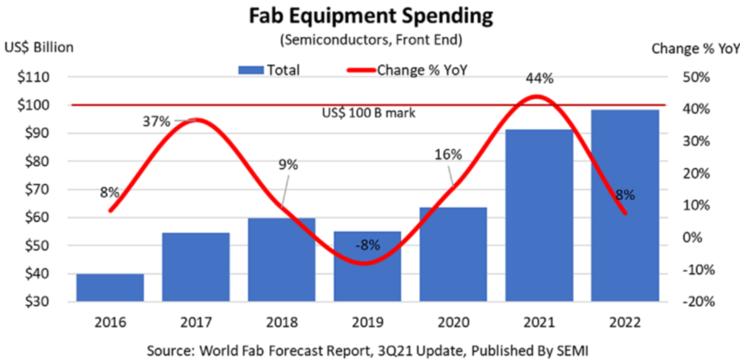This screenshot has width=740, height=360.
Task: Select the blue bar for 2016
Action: coord(110,288)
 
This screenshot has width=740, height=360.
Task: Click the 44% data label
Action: coord(539,79)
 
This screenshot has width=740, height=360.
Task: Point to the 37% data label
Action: coord(156,122)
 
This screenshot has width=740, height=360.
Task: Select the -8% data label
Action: coord(368,245)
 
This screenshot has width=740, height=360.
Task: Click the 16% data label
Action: coord(448,155)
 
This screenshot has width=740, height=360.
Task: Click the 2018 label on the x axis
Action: coord(282,322)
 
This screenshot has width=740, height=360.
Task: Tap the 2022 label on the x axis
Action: coord(625,322)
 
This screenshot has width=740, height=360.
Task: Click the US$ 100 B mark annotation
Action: coord(369,113)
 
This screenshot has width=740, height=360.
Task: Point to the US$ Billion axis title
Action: coord(39,48)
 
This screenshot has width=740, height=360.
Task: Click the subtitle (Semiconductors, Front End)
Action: coord(371,39)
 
